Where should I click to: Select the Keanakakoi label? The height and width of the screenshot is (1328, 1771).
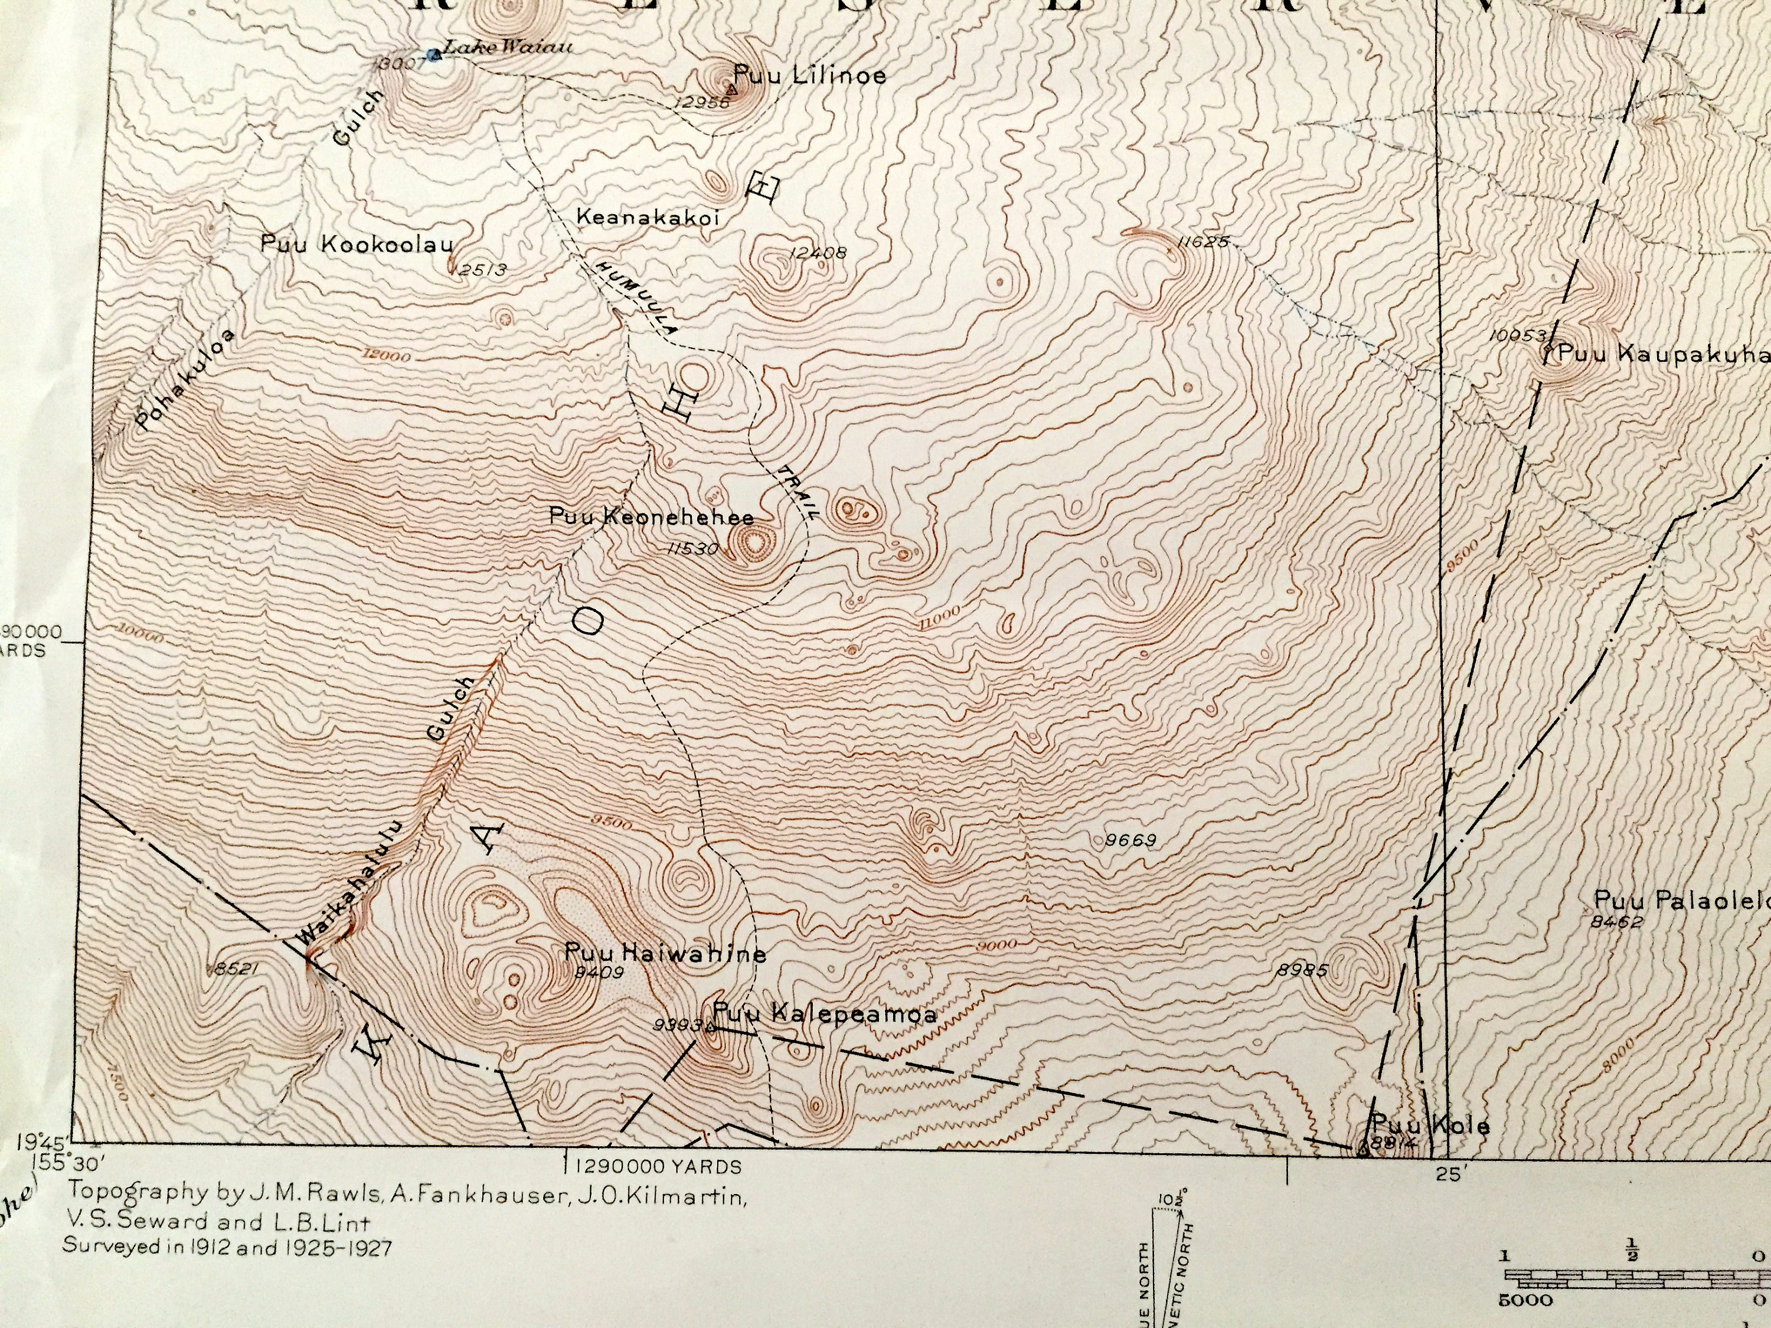coord(649,217)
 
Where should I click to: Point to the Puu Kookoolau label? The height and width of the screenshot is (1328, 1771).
coord(357,244)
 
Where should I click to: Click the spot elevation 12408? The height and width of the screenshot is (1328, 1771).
coord(818,253)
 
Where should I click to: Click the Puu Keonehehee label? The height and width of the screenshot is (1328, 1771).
coord(651,517)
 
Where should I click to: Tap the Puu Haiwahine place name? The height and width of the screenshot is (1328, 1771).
coord(665,953)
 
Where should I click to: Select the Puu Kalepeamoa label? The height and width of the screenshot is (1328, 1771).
coord(825,1014)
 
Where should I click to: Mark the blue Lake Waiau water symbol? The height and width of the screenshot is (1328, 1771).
coord(434,54)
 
